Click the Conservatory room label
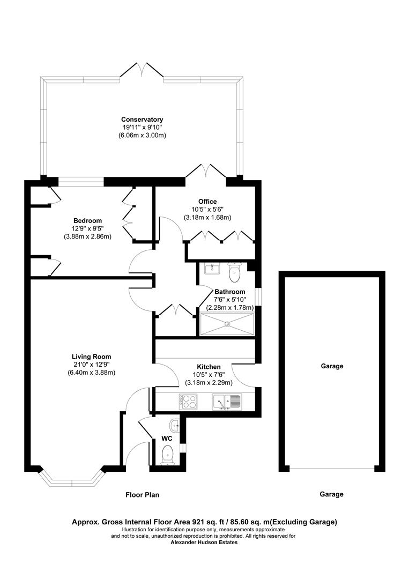click(142, 120)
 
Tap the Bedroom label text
click(87, 220)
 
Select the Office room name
click(207, 202)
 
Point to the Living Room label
click(92, 357)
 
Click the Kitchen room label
click(209, 367)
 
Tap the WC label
click(167, 438)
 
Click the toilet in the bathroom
click(235, 273)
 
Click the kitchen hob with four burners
click(188, 401)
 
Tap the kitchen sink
click(227, 402)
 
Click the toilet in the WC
click(168, 454)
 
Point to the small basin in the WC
click(174, 427)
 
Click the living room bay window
click(72, 478)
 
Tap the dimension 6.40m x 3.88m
click(92, 373)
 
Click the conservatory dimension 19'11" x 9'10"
click(142, 128)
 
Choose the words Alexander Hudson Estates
click(204, 542)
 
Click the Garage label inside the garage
click(332, 367)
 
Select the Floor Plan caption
click(142, 495)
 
